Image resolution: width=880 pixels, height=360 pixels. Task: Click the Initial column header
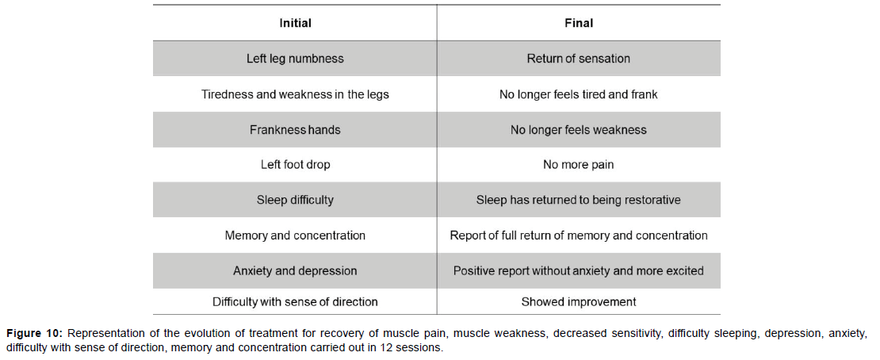pyautogui.click(x=295, y=24)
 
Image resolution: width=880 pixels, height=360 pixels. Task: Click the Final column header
pyautogui.click(x=579, y=24)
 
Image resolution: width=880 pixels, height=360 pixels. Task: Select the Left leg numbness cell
pyautogui.click(x=295, y=59)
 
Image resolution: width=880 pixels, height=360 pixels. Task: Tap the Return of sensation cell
pyautogui.click(x=579, y=59)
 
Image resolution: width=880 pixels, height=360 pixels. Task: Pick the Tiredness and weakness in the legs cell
pyautogui.click(x=295, y=94)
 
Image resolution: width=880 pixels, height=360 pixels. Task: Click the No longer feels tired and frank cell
pyautogui.click(x=579, y=94)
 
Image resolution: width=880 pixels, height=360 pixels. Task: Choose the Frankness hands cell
pyautogui.click(x=295, y=130)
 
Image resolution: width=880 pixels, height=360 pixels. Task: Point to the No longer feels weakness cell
pyautogui.click(x=579, y=130)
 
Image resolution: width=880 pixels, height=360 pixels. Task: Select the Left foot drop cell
pyautogui.click(x=295, y=165)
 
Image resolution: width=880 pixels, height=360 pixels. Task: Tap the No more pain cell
pyautogui.click(x=579, y=165)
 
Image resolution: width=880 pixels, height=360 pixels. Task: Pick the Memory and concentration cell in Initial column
pyautogui.click(x=295, y=236)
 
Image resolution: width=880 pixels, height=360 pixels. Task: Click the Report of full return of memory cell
pyautogui.click(x=579, y=236)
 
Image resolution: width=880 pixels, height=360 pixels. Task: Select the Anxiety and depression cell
pyautogui.click(x=295, y=270)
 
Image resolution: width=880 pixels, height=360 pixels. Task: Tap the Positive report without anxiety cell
pyautogui.click(x=579, y=270)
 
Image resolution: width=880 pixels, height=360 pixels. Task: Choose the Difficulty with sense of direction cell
pyautogui.click(x=295, y=302)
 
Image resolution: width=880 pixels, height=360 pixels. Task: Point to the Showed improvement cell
pyautogui.click(x=579, y=302)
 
